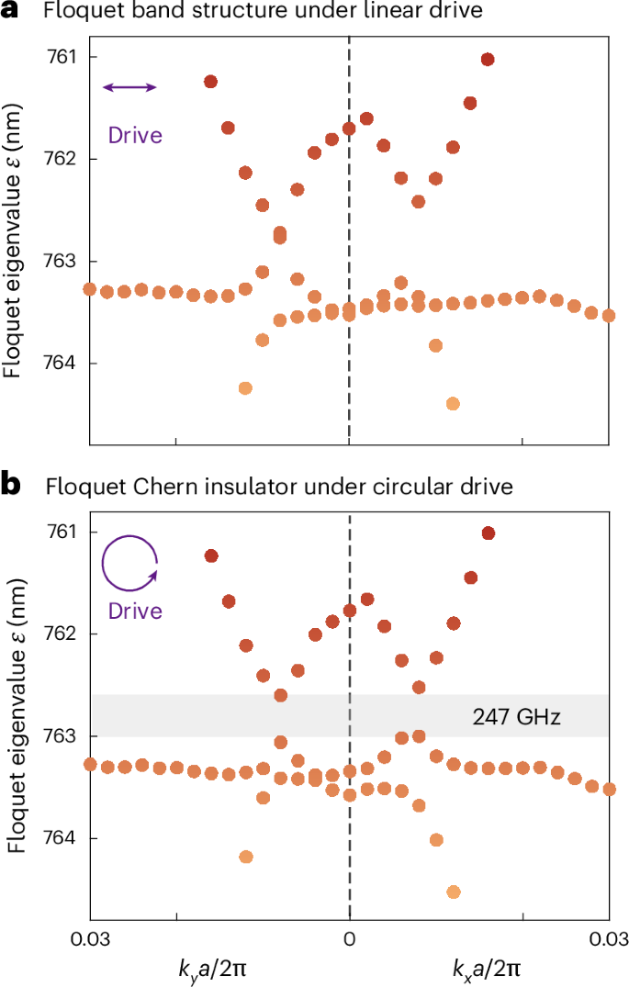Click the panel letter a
9,13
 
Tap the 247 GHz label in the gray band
517,716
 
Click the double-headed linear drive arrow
129,87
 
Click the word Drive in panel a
135,135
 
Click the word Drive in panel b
135,611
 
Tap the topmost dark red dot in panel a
488,60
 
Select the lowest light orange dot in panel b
453,892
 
